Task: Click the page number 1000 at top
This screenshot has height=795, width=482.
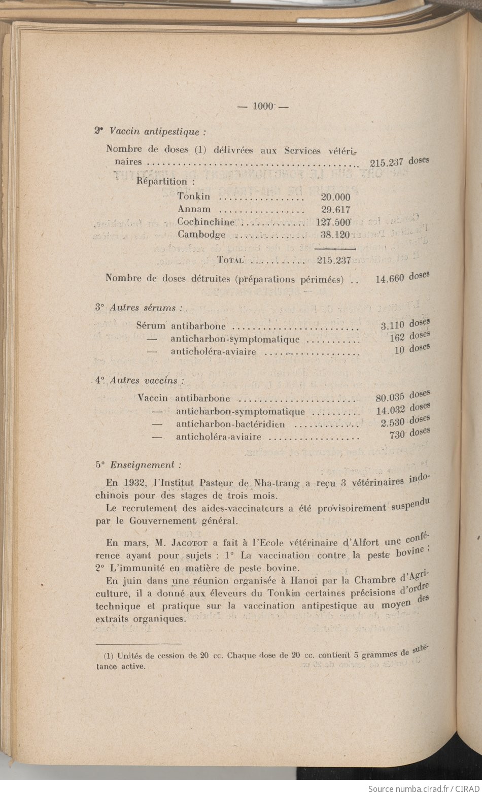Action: point(263,106)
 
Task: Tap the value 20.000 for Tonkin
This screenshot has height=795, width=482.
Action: point(335,197)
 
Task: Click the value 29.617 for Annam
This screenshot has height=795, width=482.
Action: point(335,209)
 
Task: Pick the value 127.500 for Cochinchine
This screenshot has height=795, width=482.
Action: point(333,222)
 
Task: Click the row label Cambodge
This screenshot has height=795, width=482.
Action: point(201,235)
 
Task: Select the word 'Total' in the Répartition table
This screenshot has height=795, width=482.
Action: point(231,260)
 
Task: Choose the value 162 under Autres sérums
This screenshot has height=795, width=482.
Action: point(397,338)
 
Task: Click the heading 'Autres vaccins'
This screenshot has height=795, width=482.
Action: point(144,380)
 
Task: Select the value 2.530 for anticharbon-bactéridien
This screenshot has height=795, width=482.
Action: point(391,422)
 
